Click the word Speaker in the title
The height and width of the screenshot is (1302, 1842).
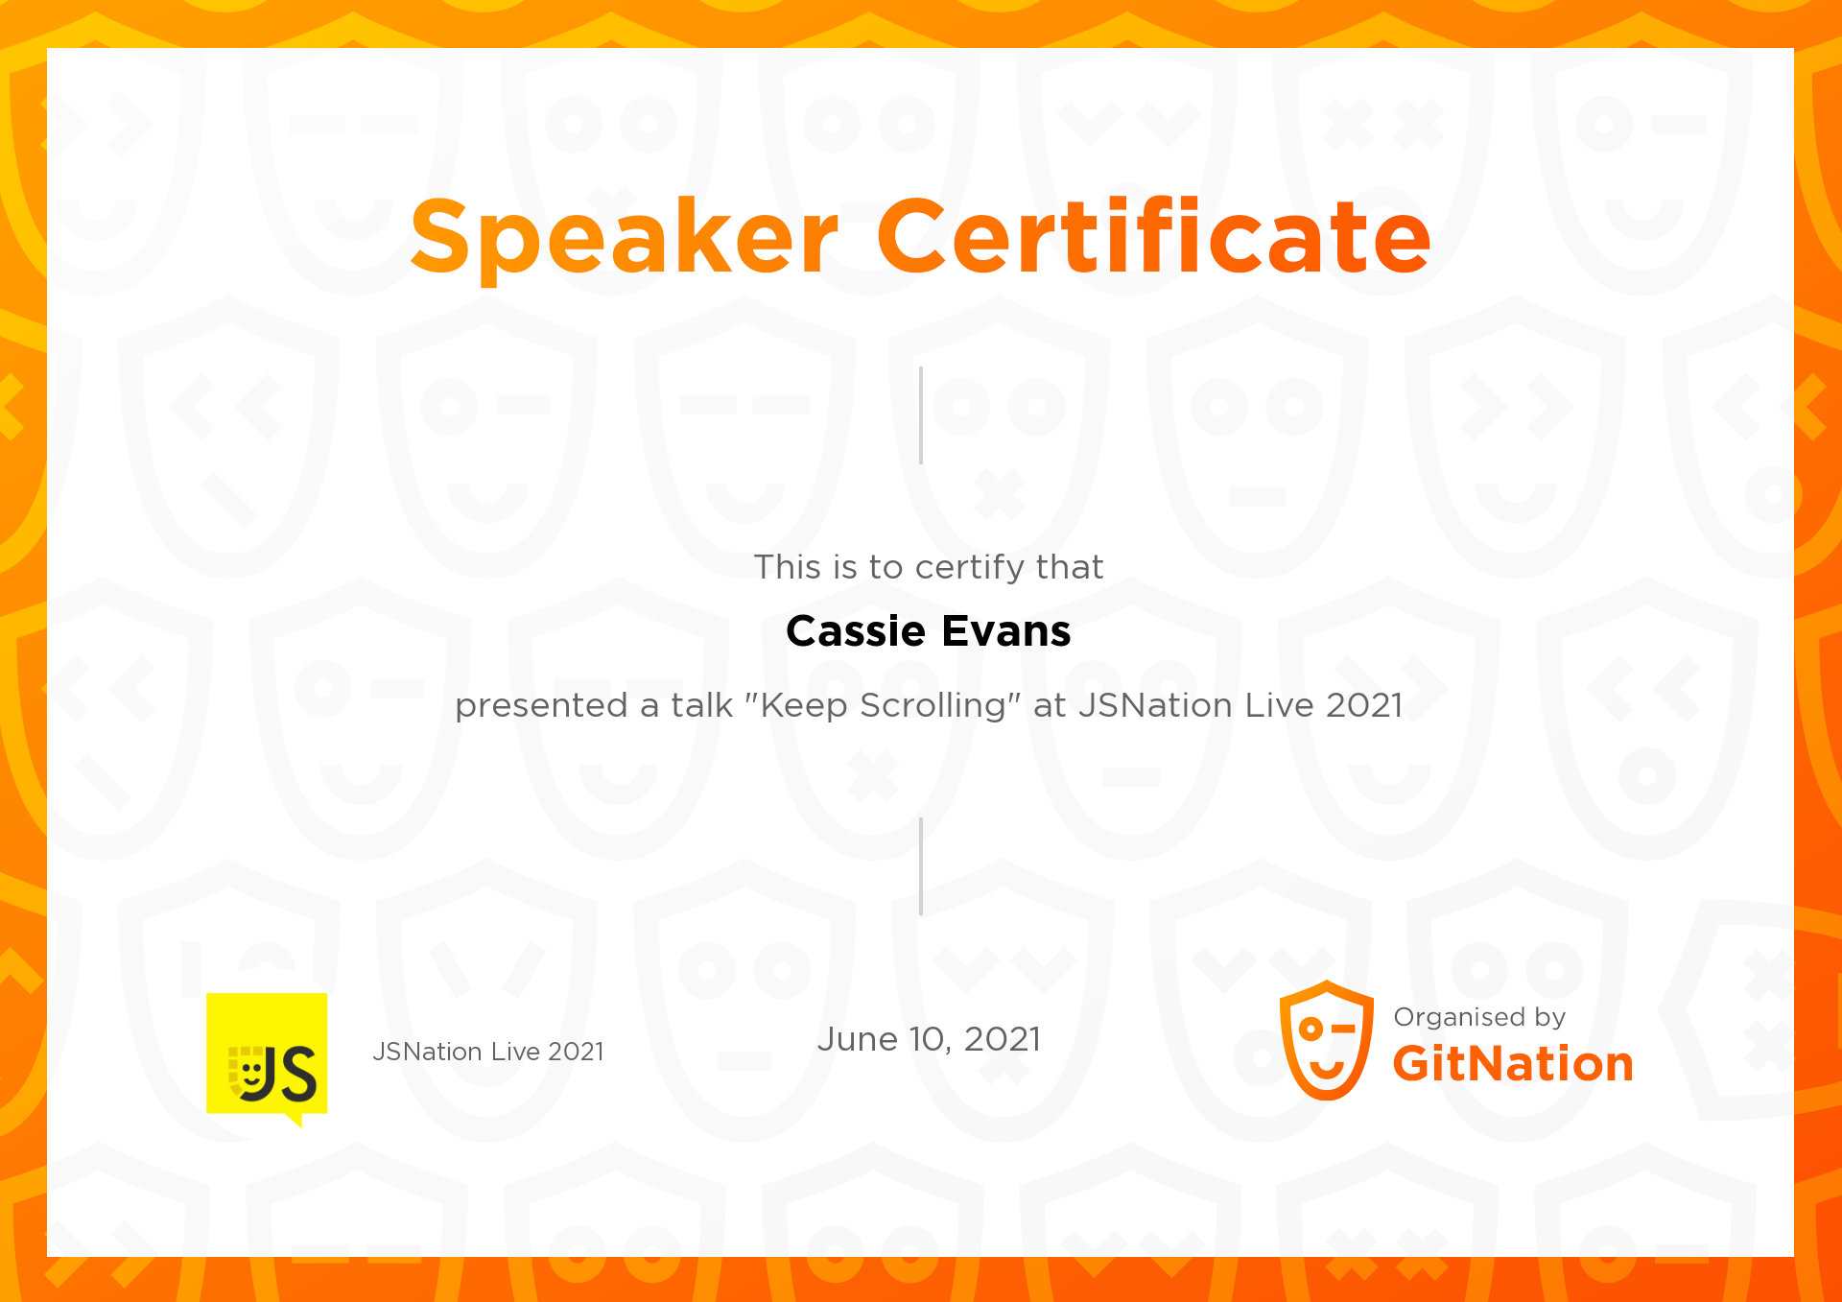pos(624,236)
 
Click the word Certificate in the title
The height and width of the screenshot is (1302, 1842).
pos(1153,236)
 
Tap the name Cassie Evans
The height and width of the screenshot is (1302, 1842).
pos(928,631)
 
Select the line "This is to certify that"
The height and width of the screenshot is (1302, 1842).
pos(928,567)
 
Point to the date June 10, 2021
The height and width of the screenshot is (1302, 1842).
pos(928,1039)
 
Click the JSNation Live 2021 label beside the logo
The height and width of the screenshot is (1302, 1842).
pos(488,1052)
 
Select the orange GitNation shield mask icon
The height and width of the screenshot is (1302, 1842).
pos(1326,1040)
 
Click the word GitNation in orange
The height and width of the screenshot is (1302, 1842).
pos(1512,1064)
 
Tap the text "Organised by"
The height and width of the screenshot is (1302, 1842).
pos(1478,1017)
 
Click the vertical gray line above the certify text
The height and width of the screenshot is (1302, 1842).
pos(921,415)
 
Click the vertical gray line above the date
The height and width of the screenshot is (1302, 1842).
pos(921,866)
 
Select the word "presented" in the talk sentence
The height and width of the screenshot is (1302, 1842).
pos(541,706)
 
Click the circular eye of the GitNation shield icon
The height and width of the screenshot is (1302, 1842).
pos(1311,1030)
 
